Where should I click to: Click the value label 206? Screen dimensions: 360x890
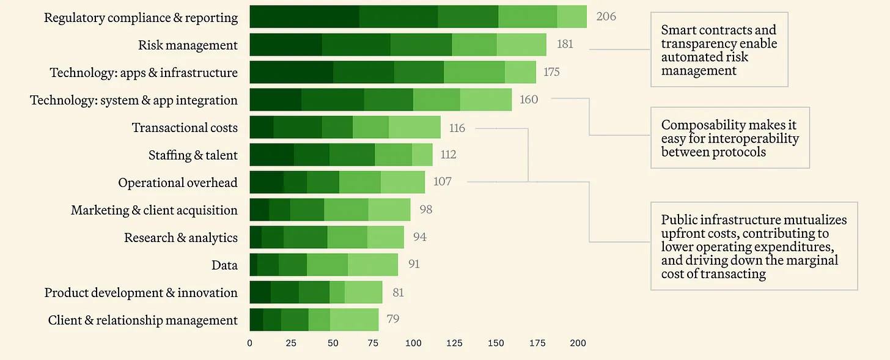[606, 17]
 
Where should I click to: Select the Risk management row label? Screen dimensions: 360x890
[188, 45]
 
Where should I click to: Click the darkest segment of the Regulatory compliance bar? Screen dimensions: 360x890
[304, 17]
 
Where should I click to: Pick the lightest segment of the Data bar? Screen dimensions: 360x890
[373, 265]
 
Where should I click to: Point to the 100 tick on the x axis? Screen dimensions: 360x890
[413, 343]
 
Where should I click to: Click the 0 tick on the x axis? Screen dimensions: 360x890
[249, 343]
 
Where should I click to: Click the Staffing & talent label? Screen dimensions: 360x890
[193, 155]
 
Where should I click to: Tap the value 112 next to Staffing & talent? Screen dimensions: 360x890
[448, 155]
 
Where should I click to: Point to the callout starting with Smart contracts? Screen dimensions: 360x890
[719, 50]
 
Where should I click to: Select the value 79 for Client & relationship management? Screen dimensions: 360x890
[393, 319]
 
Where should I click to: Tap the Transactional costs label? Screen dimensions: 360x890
[185, 128]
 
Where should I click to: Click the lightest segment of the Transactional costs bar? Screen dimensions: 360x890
[414, 127]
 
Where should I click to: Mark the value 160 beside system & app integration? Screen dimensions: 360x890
[529, 99]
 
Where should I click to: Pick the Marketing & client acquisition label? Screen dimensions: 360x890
[154, 210]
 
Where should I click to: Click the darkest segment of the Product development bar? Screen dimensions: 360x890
[260, 292]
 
